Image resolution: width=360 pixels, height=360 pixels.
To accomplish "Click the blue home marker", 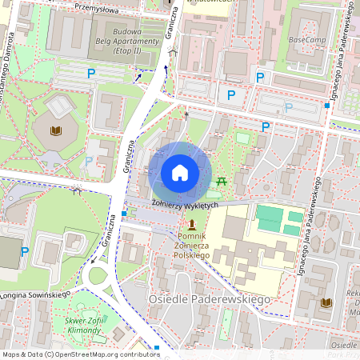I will pos(180,173).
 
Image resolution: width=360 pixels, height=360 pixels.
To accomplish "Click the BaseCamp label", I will pos(306,38).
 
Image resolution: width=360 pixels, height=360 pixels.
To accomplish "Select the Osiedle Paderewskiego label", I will pos(209,298).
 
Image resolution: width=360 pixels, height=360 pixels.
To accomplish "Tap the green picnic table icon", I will pos(222,182).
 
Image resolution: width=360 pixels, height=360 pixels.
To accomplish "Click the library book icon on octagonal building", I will pos(56,130).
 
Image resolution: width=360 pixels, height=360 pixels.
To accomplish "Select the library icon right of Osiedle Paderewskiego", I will pos(326,302).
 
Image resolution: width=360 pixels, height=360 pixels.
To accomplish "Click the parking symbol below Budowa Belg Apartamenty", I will pos(90,73).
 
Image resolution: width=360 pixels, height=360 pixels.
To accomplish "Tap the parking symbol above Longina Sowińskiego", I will pos(25,251).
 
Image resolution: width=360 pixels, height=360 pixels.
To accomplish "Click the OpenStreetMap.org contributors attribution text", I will pos(106,354).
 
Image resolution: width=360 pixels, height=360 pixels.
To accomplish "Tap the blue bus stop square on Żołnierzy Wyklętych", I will pos(124,214).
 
